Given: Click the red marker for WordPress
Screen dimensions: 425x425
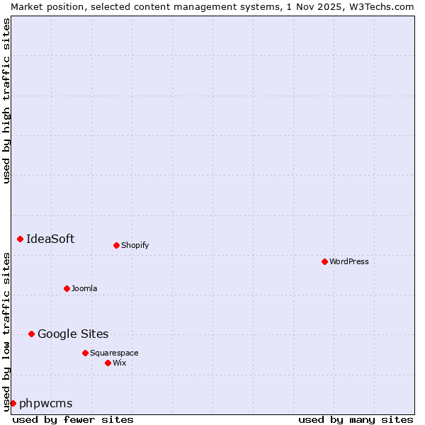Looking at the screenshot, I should (324, 261).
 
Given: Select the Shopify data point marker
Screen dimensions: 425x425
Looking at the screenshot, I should (116, 245).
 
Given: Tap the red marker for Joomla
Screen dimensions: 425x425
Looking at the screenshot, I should (67, 288).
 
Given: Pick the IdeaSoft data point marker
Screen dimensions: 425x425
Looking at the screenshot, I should (20, 239).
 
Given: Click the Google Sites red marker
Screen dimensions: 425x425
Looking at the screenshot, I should (31, 334).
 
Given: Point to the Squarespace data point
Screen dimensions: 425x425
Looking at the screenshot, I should (85, 353).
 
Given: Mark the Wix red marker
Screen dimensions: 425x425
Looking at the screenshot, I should (108, 363).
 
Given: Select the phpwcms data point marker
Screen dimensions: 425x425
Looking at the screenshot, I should (13, 403).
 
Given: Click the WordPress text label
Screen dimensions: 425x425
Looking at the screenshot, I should (349, 261).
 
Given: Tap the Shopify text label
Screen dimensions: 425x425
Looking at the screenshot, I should (135, 245).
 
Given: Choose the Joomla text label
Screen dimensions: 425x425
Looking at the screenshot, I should (84, 288).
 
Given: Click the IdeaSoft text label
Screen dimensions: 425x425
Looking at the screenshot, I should (50, 239).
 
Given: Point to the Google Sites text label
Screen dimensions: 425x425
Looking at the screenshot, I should (73, 334).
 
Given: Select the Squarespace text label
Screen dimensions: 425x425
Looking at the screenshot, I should (114, 353).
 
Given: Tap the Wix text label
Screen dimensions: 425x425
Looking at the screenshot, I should (119, 363).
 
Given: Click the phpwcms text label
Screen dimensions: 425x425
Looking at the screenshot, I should (45, 403).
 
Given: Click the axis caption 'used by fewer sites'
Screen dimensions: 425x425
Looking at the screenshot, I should (73, 419).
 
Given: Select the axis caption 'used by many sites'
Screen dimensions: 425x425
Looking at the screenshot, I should (356, 419).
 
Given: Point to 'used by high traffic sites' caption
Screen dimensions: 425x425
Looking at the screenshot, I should (6, 101).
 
